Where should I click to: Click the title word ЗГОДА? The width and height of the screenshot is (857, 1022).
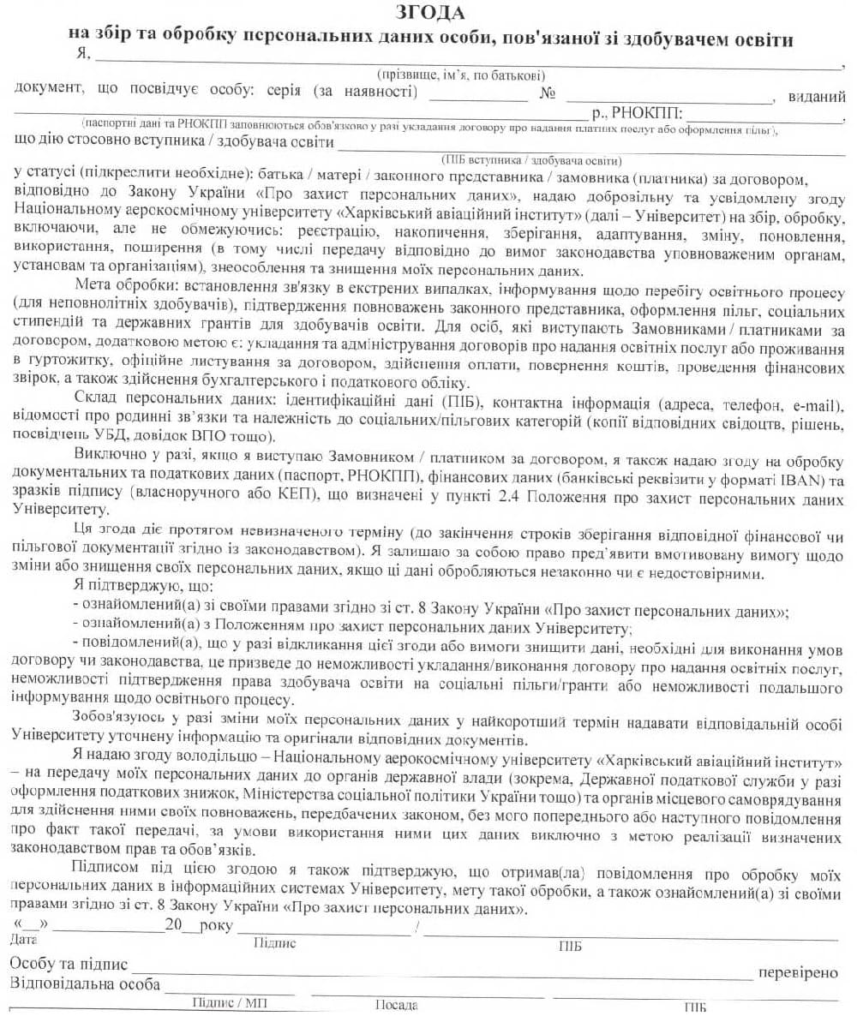tap(430, 13)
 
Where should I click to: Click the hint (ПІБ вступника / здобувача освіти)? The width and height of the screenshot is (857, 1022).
tap(531, 160)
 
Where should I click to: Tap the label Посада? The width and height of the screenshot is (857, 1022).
tap(397, 1006)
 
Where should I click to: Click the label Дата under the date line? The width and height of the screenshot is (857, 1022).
tap(24, 940)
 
